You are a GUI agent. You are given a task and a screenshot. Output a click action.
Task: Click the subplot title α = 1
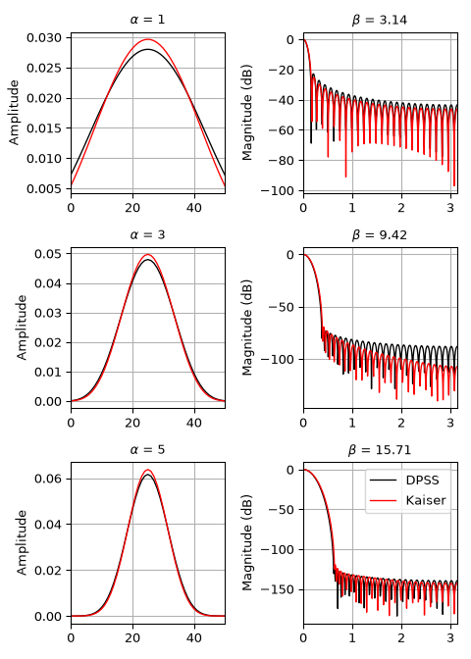coord(147,20)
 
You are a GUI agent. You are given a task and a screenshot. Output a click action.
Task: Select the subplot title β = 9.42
coord(380,234)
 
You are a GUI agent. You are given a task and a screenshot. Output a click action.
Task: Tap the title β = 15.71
coord(380,450)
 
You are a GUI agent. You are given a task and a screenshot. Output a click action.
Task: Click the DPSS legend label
coord(422,480)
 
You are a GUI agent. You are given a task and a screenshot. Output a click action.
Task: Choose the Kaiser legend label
coord(426,500)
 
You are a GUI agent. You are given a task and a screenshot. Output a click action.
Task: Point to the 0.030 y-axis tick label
coord(44,38)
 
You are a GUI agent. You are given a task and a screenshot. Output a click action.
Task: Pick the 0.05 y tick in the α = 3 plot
coord(48,254)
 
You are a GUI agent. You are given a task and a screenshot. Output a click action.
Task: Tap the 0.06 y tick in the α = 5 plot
coord(48,479)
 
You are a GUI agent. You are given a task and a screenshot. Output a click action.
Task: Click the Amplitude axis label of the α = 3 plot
coord(21,328)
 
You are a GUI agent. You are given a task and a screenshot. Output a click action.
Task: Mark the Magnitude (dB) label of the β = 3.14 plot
coord(247,112)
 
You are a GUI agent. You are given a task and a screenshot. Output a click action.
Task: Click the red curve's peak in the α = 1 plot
coord(148,39)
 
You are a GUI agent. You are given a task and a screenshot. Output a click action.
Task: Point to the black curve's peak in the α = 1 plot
coord(148,50)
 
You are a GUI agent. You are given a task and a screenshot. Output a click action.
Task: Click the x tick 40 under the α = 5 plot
coord(194,638)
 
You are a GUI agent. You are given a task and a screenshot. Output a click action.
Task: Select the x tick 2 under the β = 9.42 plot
coord(401,423)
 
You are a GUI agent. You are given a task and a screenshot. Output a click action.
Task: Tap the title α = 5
coord(147,450)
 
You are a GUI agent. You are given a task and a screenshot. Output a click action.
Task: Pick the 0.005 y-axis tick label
coord(44,188)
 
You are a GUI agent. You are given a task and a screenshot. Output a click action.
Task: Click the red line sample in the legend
coord(383,500)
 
